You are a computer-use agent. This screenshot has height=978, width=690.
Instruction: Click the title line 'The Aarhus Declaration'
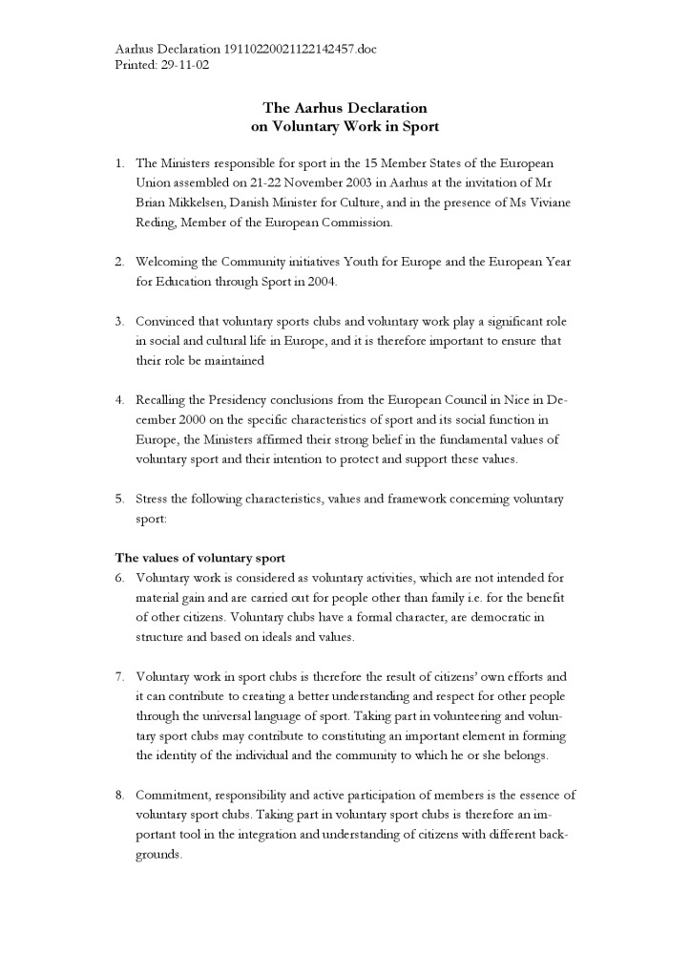pyautogui.click(x=345, y=108)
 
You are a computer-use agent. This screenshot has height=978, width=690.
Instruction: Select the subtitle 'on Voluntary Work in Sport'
pyautogui.click(x=345, y=126)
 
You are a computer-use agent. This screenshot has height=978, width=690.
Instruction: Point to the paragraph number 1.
pyautogui.click(x=119, y=163)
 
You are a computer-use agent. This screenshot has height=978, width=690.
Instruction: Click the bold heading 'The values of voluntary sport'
pyautogui.click(x=200, y=558)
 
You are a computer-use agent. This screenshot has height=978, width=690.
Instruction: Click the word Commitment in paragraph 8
pyautogui.click(x=174, y=795)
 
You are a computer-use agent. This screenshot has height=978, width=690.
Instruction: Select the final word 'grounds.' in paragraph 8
pyautogui.click(x=158, y=854)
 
